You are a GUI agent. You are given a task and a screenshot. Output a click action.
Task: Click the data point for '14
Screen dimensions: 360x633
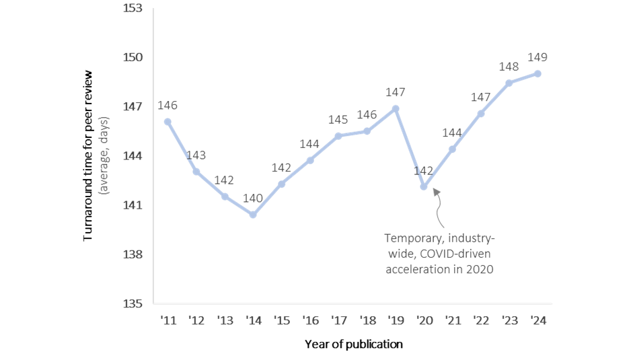click(x=253, y=215)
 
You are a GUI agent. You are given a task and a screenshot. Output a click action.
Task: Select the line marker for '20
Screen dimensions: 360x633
click(x=423, y=186)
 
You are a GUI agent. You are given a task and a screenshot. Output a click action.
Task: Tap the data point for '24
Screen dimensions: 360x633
click(x=537, y=73)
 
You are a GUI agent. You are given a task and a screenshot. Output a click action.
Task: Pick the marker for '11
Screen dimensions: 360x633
click(x=167, y=122)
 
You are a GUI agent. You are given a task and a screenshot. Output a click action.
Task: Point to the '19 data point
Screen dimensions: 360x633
click(x=396, y=108)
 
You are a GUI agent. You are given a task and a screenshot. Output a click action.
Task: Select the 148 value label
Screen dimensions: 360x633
click(x=509, y=67)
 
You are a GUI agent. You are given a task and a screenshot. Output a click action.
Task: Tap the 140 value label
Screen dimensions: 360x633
click(x=253, y=198)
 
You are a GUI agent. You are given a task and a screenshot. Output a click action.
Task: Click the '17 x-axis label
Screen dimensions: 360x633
click(x=338, y=320)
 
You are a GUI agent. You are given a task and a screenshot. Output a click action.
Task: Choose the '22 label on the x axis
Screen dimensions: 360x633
click(x=480, y=320)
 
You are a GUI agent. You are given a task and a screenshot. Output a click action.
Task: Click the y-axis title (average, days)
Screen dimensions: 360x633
click(x=104, y=156)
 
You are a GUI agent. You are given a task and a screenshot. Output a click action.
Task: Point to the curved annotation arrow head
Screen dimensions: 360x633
click(x=435, y=192)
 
